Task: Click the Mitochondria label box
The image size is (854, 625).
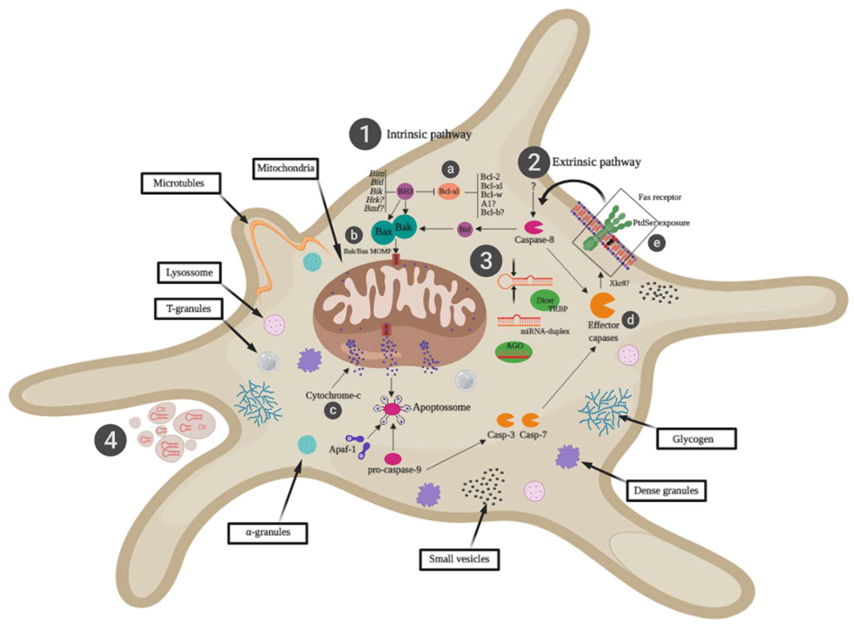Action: [x=285, y=168]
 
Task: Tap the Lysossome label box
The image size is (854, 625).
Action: [x=189, y=272]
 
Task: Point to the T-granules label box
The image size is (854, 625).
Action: [x=188, y=309]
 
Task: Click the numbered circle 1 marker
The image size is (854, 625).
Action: [x=365, y=134]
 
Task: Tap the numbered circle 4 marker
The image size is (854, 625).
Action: [x=111, y=441]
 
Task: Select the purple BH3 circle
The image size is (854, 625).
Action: [x=405, y=191]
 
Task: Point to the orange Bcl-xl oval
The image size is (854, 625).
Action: [x=449, y=191]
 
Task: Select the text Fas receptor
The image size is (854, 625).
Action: [x=660, y=197]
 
